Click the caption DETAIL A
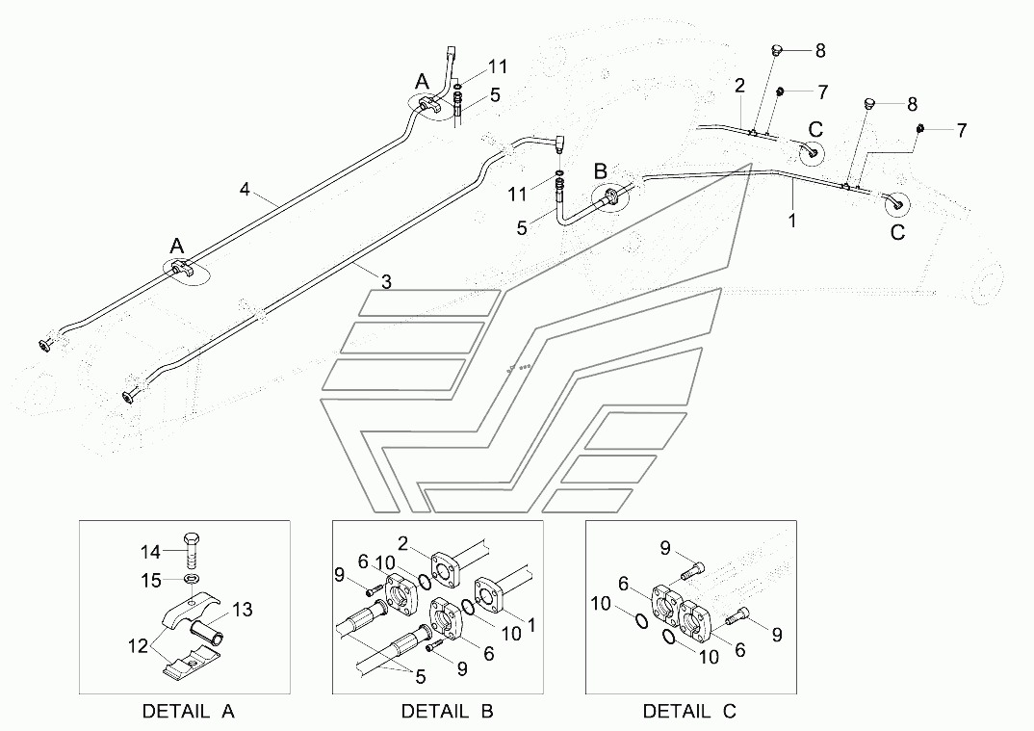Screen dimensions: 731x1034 point(188,712)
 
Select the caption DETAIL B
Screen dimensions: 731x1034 point(447,712)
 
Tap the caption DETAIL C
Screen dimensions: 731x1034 point(689,712)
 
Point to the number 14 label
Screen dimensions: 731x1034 point(150,552)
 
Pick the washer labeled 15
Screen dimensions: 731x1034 point(190,580)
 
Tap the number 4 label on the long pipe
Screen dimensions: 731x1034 point(245,190)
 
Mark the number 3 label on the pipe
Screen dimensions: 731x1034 point(385,282)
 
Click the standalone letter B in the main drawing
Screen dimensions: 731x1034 point(601,170)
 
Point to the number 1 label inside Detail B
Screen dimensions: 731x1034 point(530,624)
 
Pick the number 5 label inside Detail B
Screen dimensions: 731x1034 point(420,677)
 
